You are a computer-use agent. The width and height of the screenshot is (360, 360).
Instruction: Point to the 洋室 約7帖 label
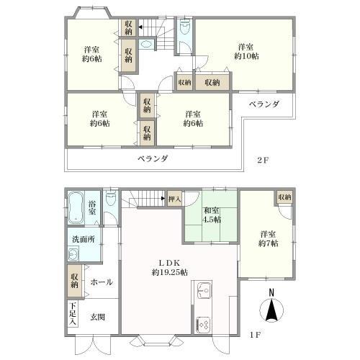[x=268, y=239]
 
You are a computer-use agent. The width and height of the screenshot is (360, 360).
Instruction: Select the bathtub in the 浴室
[x=76, y=207]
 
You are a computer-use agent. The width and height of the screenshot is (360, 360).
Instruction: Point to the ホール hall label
[x=101, y=283]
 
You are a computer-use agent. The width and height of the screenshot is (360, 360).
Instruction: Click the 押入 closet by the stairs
[x=174, y=198]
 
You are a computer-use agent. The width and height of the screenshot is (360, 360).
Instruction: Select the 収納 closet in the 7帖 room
[x=284, y=197]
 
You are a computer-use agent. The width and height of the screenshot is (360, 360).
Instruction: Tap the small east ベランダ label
[x=264, y=105]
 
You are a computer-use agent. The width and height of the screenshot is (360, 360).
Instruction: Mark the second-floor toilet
[x=185, y=30]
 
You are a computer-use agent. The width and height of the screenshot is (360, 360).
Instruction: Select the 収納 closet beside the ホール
[x=74, y=279]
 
